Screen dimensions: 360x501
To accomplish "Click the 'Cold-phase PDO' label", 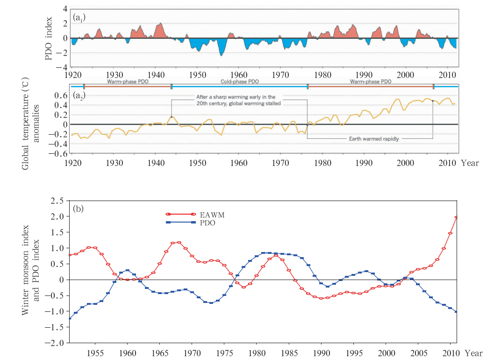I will point(240,81).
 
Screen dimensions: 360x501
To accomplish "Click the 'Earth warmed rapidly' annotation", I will point(374,139).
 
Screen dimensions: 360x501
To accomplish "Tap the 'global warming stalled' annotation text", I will point(238,103).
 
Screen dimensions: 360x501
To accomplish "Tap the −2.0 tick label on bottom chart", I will point(55,343).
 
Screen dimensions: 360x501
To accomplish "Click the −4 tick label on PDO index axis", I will point(62,67).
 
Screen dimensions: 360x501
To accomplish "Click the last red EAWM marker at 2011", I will point(456,217).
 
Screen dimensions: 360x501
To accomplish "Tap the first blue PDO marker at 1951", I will point(70,318).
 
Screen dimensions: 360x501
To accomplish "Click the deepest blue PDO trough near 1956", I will point(221,55).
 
